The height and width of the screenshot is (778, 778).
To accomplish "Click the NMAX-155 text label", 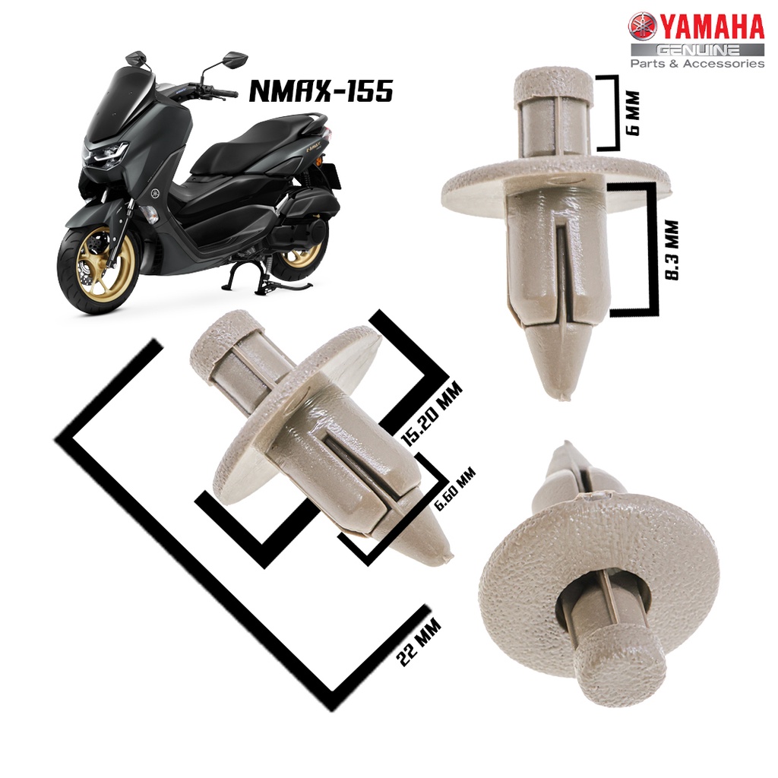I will tap(321, 91).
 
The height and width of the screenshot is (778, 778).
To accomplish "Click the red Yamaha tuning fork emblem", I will tap(643, 27).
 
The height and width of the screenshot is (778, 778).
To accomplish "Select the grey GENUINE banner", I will tap(697, 49).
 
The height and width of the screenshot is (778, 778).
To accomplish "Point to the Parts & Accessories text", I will tap(697, 64).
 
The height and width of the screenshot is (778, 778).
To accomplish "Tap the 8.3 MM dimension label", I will tap(672, 251).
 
